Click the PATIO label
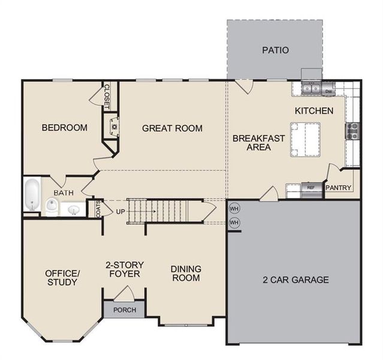(275, 50)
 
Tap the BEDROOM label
(64, 127)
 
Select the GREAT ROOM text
(172, 128)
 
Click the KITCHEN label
(313, 111)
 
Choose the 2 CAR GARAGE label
(295, 280)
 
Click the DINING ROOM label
(186, 273)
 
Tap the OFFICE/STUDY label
(62, 277)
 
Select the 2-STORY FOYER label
(123, 269)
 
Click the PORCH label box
(124, 310)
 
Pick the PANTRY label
(339, 188)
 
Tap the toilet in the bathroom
(52, 207)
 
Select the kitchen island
(305, 140)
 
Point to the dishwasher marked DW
(328, 91)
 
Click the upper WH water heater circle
(234, 209)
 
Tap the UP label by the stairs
(120, 212)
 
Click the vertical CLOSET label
(107, 95)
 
